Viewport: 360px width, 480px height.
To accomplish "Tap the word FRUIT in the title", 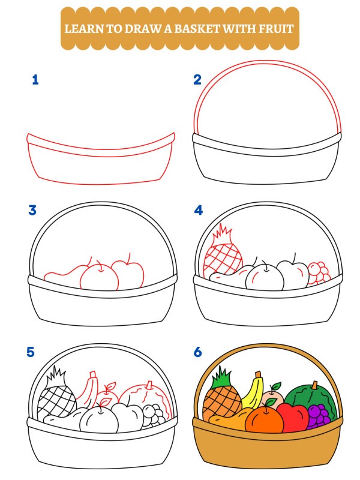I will [x=278, y=28].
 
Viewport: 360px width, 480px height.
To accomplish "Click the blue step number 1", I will [x=35, y=79].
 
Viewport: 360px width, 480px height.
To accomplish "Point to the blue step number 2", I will [x=197, y=79].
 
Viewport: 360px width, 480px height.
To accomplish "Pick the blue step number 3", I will [x=32, y=210].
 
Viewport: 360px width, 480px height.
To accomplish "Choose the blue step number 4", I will [x=198, y=210].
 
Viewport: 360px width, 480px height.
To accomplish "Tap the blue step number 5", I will [x=31, y=352].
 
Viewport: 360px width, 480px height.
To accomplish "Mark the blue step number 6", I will [x=198, y=352].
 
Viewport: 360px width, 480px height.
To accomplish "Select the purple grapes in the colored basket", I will [x=318, y=415].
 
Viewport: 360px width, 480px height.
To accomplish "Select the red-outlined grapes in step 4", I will [x=319, y=272].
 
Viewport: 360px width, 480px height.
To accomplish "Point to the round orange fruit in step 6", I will [x=264, y=420].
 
